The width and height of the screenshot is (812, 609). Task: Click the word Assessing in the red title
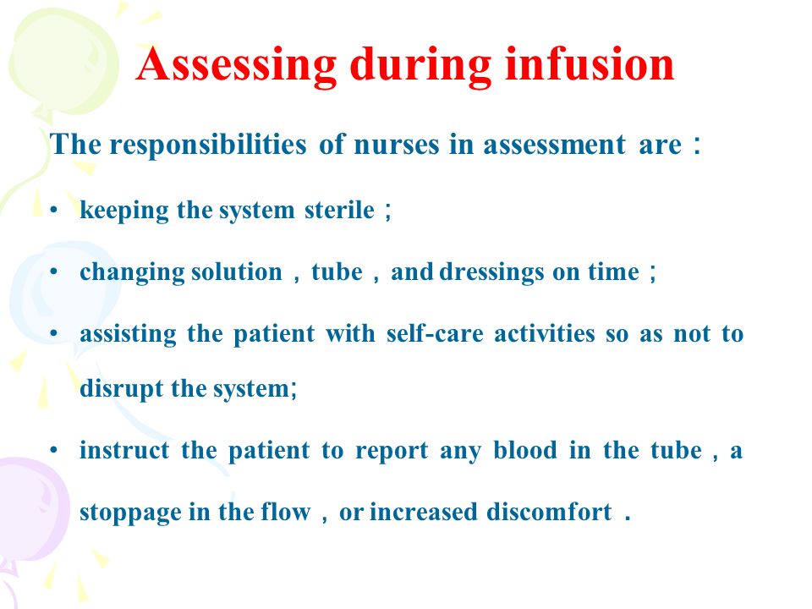point(236,66)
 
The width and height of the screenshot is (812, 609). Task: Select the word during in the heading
point(420,66)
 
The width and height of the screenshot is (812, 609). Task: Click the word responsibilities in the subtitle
point(208,145)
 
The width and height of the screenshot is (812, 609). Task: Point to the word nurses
point(396,145)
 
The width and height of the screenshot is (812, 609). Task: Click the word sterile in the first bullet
point(339,211)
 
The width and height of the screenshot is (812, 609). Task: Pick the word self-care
point(435,333)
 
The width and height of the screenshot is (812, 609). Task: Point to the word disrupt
point(121,389)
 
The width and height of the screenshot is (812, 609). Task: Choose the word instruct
point(124,450)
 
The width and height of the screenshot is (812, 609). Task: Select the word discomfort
point(549,512)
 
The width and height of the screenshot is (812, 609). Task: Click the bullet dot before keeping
point(54,211)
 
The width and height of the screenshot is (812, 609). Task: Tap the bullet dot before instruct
point(54,451)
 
